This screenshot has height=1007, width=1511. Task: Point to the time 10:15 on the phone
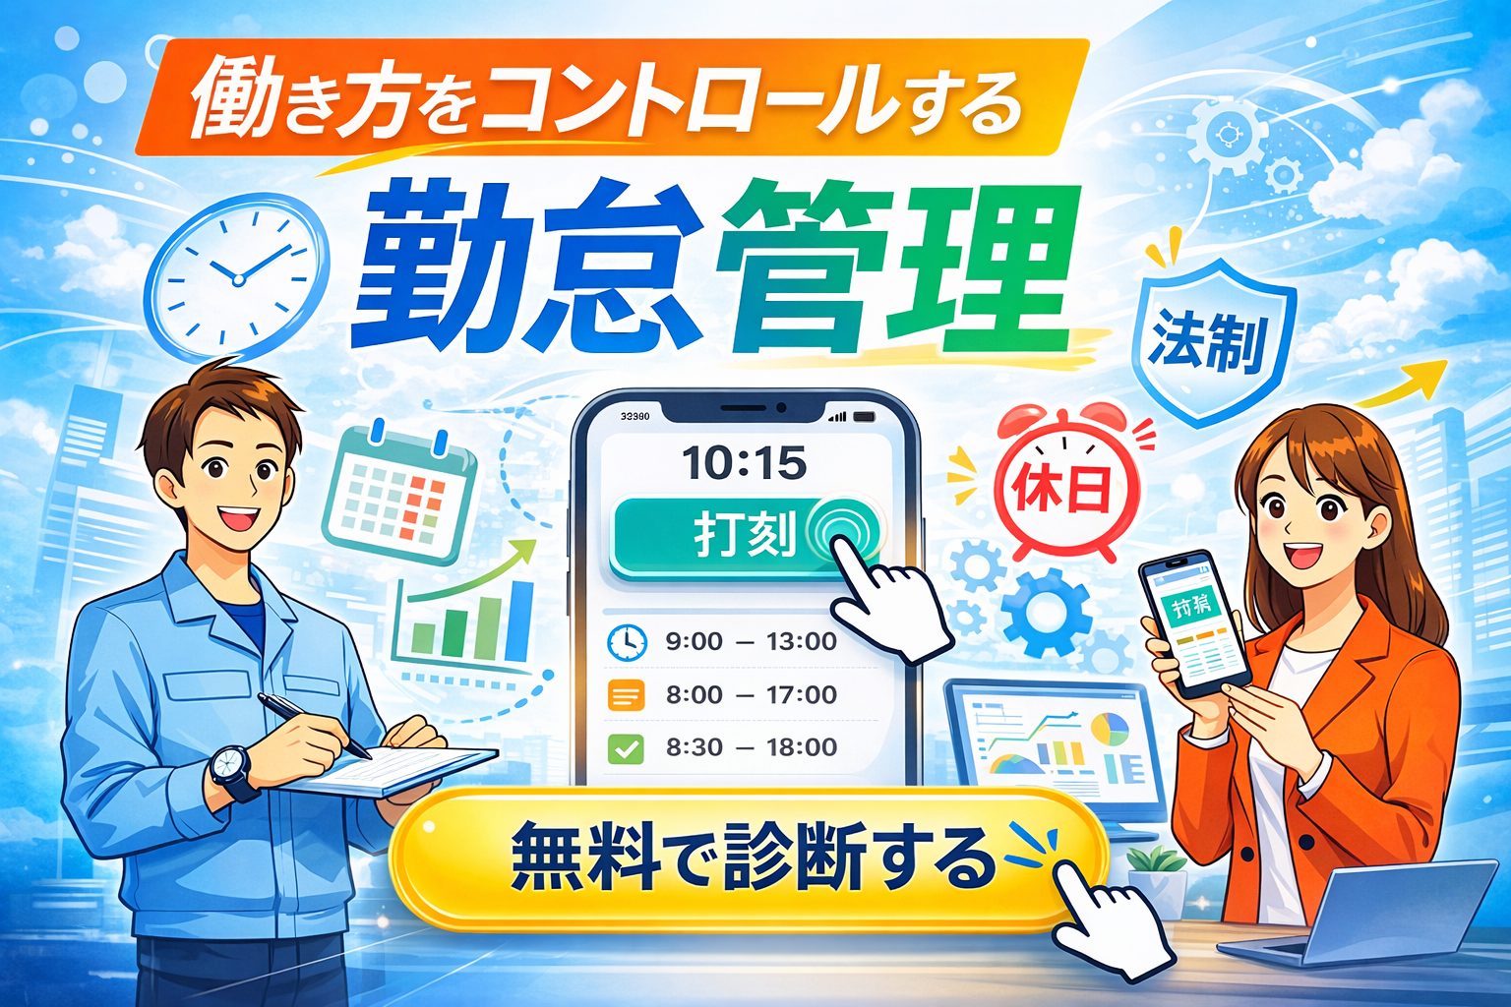(744, 462)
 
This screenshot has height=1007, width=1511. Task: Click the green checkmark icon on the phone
(627, 749)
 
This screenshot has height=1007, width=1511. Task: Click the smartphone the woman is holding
(1193, 623)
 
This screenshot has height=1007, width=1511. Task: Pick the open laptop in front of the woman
(1367, 915)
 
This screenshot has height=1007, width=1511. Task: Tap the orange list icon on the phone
(627, 695)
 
